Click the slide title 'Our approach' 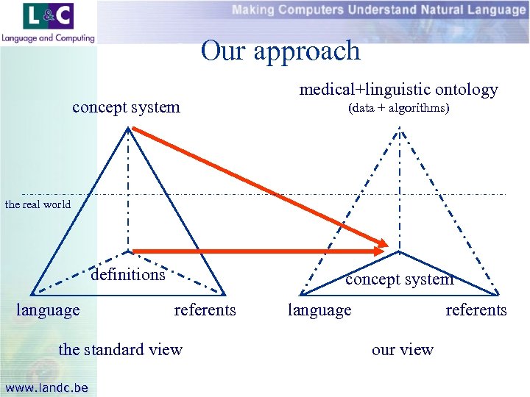point(280,51)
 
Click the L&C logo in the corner point(49,16)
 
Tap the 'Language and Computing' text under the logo point(49,37)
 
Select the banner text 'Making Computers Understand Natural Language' point(378,10)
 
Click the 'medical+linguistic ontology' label point(398,90)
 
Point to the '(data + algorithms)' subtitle point(398,109)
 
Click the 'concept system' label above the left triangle point(126,107)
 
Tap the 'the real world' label point(38,204)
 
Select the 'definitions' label point(128,274)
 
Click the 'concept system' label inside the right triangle point(400,279)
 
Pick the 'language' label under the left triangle point(48,310)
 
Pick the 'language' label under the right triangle point(319,310)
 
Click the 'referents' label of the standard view point(205,310)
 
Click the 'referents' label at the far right point(476,310)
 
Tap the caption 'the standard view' point(121,349)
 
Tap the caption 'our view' point(403,349)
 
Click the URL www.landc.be point(46,387)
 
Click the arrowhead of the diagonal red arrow point(384,243)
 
